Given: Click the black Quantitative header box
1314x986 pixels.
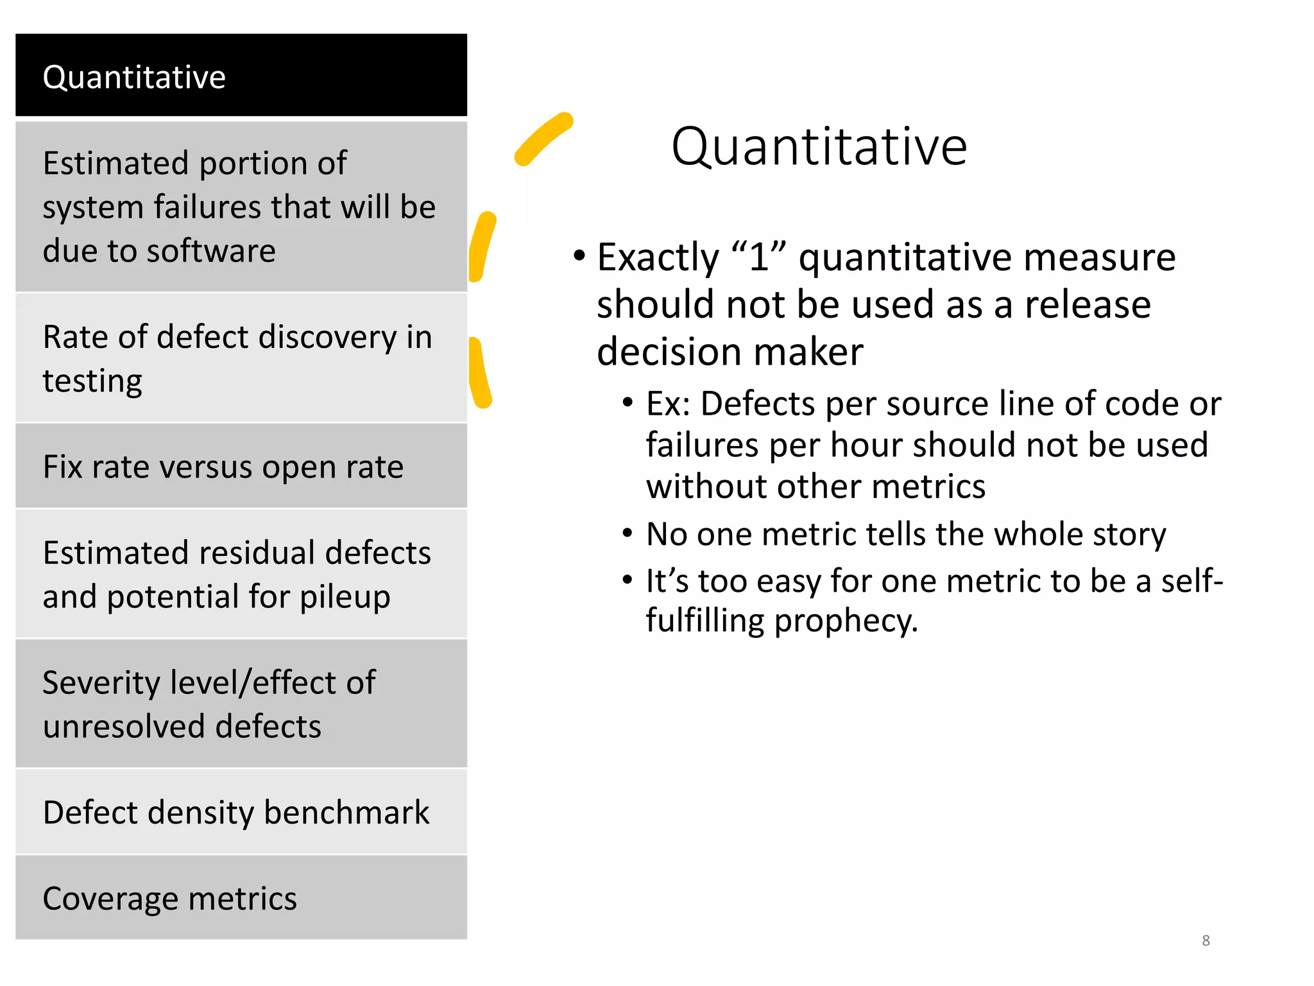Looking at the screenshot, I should pyautogui.click(x=241, y=75).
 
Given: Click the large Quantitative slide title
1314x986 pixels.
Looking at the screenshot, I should pyautogui.click(x=819, y=147).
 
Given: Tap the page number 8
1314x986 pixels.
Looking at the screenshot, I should pyautogui.click(x=1206, y=940).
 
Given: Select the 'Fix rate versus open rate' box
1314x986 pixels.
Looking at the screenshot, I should pyautogui.click(x=241, y=466).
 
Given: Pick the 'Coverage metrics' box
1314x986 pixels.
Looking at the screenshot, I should pyautogui.click(x=241, y=897).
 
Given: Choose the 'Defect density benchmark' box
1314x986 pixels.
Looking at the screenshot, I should pyautogui.click(x=241, y=811).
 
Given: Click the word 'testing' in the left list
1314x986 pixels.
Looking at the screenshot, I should pyautogui.click(x=92, y=381).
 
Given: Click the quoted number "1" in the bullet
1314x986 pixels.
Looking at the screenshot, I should pyautogui.click(x=759, y=257).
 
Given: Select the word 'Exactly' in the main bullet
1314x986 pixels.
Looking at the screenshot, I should pyautogui.click(x=658, y=258).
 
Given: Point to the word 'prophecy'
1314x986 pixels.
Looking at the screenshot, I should pyautogui.click(x=846, y=621).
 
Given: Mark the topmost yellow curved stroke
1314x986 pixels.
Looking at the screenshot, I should pyautogui.click(x=543, y=138).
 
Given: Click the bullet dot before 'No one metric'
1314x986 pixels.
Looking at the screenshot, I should pyautogui.click(x=627, y=533).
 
